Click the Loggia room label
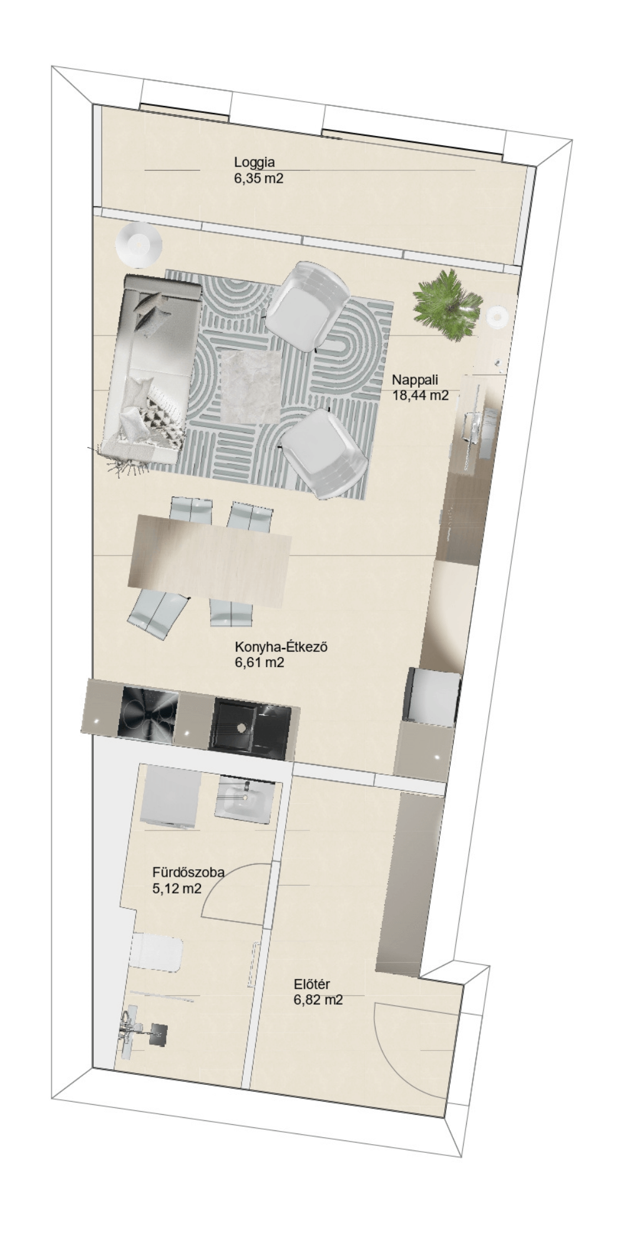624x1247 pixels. pyautogui.click(x=254, y=162)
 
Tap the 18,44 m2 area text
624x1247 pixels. pyautogui.click(x=420, y=395)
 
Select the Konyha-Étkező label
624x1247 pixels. pyautogui.click(x=281, y=647)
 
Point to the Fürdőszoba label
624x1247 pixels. pyautogui.click(x=188, y=872)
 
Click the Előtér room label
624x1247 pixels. pyautogui.click(x=312, y=985)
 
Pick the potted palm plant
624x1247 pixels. pyautogui.click(x=448, y=304)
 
